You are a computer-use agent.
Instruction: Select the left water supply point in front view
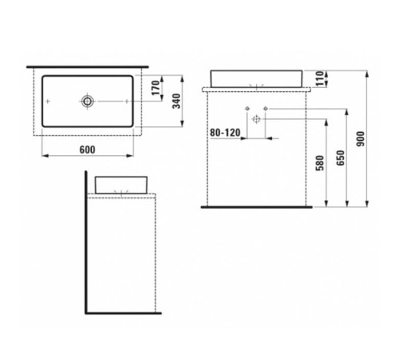pyautogui.click(x=247, y=108)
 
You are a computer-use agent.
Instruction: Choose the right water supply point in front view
pyautogui.click(x=266, y=108)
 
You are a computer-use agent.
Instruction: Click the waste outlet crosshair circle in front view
pyautogui.click(x=257, y=118)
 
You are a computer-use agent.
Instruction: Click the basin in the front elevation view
pyautogui.click(x=257, y=78)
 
